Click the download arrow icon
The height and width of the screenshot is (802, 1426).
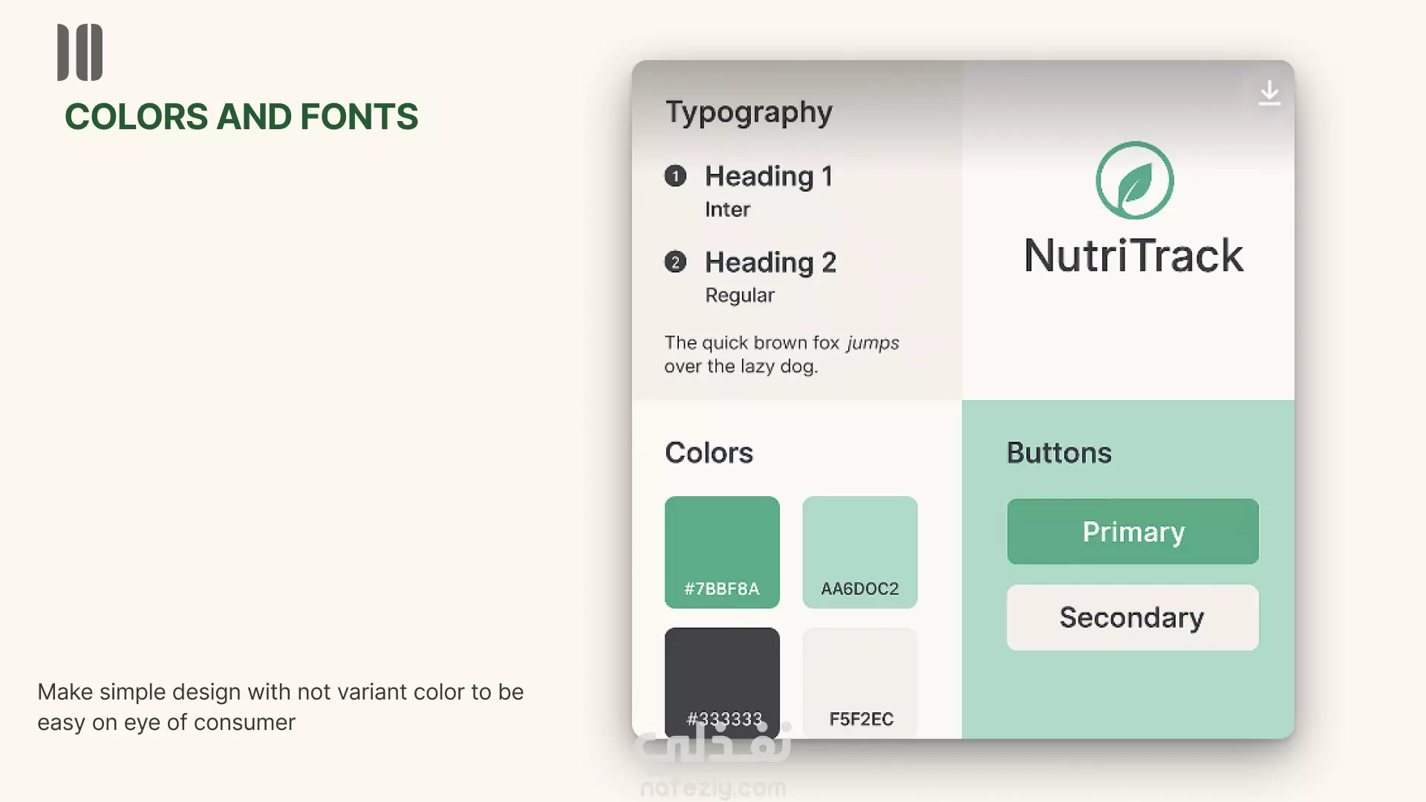[x=1269, y=93]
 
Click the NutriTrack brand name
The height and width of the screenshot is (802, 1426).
[x=1133, y=255]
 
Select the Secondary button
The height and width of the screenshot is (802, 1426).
[x=1133, y=617]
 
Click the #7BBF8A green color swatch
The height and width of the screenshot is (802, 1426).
[x=722, y=552]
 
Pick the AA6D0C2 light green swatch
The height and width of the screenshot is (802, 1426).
[x=860, y=552]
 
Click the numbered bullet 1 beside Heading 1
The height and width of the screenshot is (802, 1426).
[x=675, y=176]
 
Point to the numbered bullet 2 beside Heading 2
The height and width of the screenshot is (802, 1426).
[x=675, y=262]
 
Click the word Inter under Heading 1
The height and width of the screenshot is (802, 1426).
[x=727, y=209]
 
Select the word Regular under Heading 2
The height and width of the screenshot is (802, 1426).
[x=740, y=296]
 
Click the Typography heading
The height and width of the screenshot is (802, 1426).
[x=749, y=113]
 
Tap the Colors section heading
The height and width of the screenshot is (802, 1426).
[x=709, y=452]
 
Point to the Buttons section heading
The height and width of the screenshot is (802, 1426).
[x=1059, y=452]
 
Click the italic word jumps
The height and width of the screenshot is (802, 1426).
[x=873, y=343]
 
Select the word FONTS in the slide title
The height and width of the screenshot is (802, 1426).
[x=359, y=117]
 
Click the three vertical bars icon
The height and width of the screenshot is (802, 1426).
[x=80, y=52]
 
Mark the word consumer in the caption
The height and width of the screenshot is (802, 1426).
[x=244, y=723]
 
